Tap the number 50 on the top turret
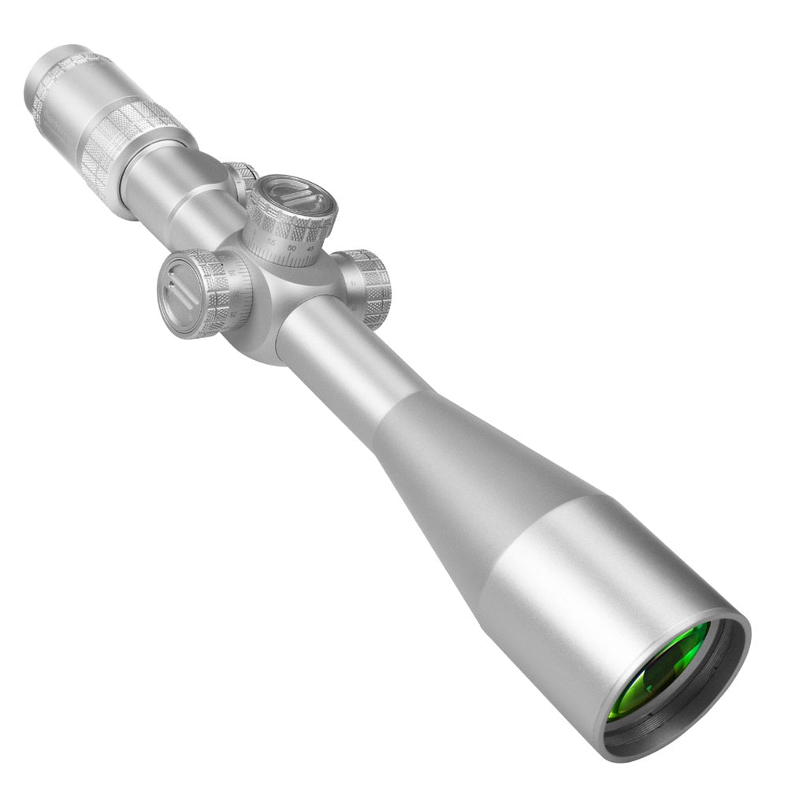pos(291,248)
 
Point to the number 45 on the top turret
pos(310,250)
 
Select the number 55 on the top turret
pos(272,241)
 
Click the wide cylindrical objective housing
pos(583,575)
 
